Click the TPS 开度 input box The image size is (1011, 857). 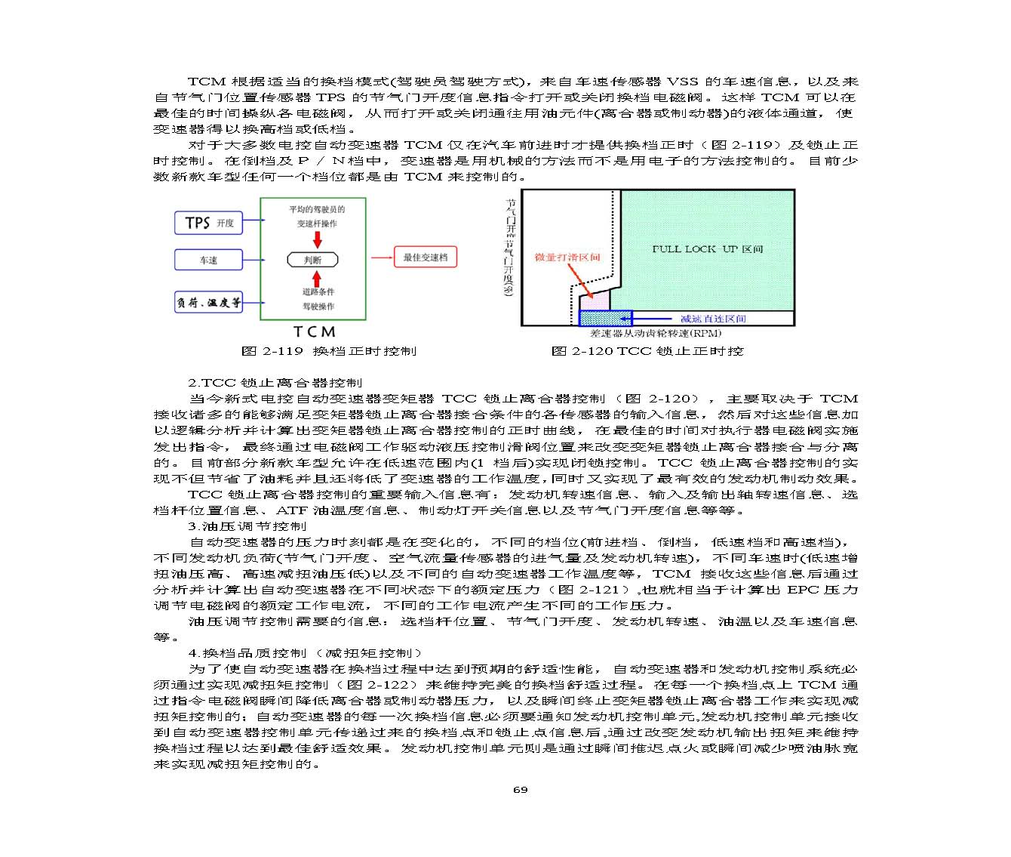click(x=209, y=223)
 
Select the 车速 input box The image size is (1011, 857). click(x=208, y=260)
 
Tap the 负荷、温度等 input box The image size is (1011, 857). click(x=209, y=302)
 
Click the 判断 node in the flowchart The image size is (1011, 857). click(x=312, y=260)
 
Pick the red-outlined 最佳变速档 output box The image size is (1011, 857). click(x=425, y=257)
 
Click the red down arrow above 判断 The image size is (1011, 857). click(x=317, y=240)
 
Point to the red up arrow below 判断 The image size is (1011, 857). click(x=317, y=278)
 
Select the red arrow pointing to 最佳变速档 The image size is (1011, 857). click(x=381, y=258)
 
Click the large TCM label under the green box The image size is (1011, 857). click(x=315, y=331)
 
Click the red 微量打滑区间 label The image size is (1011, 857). click(x=567, y=257)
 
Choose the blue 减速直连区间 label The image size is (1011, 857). click(x=713, y=319)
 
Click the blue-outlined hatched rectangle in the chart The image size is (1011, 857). click(x=604, y=318)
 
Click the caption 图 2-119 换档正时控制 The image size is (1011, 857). click(x=328, y=351)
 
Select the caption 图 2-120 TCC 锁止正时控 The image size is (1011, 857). click(x=647, y=351)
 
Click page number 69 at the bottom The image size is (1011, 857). click(x=520, y=790)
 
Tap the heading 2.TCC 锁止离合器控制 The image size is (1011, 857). click(x=275, y=383)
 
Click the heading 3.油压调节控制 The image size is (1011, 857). click(x=247, y=526)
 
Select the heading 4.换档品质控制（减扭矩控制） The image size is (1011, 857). click(x=305, y=653)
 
